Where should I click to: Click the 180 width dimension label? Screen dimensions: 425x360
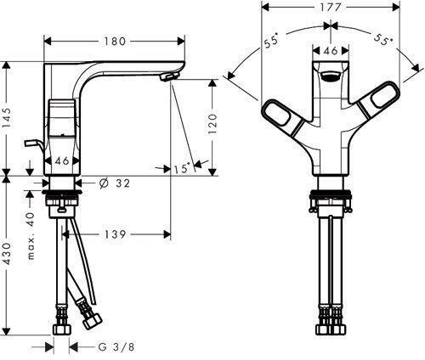click(x=115, y=42)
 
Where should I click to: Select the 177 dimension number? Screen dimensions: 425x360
click(x=331, y=8)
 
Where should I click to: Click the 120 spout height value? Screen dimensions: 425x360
click(x=213, y=124)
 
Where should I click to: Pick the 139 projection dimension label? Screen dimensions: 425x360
click(x=115, y=234)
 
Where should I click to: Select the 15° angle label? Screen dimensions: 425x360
click(x=181, y=169)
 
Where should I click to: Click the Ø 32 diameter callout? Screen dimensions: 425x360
click(x=115, y=183)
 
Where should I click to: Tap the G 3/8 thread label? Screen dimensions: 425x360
click(x=116, y=347)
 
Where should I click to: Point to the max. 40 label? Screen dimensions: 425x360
click(x=31, y=236)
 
